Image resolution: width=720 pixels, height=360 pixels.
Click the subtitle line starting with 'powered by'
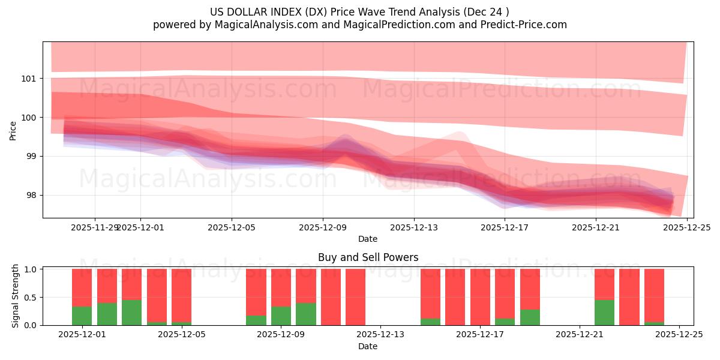pyautogui.click(x=359, y=25)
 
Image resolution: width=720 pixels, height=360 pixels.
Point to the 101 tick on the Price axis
pyautogui.click(x=29, y=79)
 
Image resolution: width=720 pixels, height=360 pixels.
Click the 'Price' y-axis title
pyautogui.click(x=13, y=130)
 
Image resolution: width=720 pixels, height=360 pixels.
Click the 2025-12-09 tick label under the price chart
pyautogui.click(x=323, y=227)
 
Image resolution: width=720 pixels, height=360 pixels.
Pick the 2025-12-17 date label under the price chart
pyautogui.click(x=505, y=227)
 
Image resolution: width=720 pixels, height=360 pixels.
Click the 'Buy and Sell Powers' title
pyautogui.click(x=368, y=257)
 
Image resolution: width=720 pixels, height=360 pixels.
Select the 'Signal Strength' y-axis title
pyautogui.click(x=16, y=296)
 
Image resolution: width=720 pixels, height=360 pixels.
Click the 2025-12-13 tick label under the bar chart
pyautogui.click(x=380, y=335)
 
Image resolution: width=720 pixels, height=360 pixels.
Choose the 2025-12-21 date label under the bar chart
pyautogui.click(x=580, y=335)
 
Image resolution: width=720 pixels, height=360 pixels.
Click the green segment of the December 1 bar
pyautogui.click(x=82, y=316)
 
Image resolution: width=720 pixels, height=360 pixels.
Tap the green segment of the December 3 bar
pyautogui.click(x=131, y=313)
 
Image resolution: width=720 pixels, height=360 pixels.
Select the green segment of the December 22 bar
pyautogui.click(x=604, y=313)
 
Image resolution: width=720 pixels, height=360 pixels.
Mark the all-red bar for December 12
pyautogui.click(x=355, y=297)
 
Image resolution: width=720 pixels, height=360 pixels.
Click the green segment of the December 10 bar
pyautogui.click(x=305, y=314)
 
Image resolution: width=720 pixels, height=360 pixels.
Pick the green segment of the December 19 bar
pyautogui.click(x=530, y=317)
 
